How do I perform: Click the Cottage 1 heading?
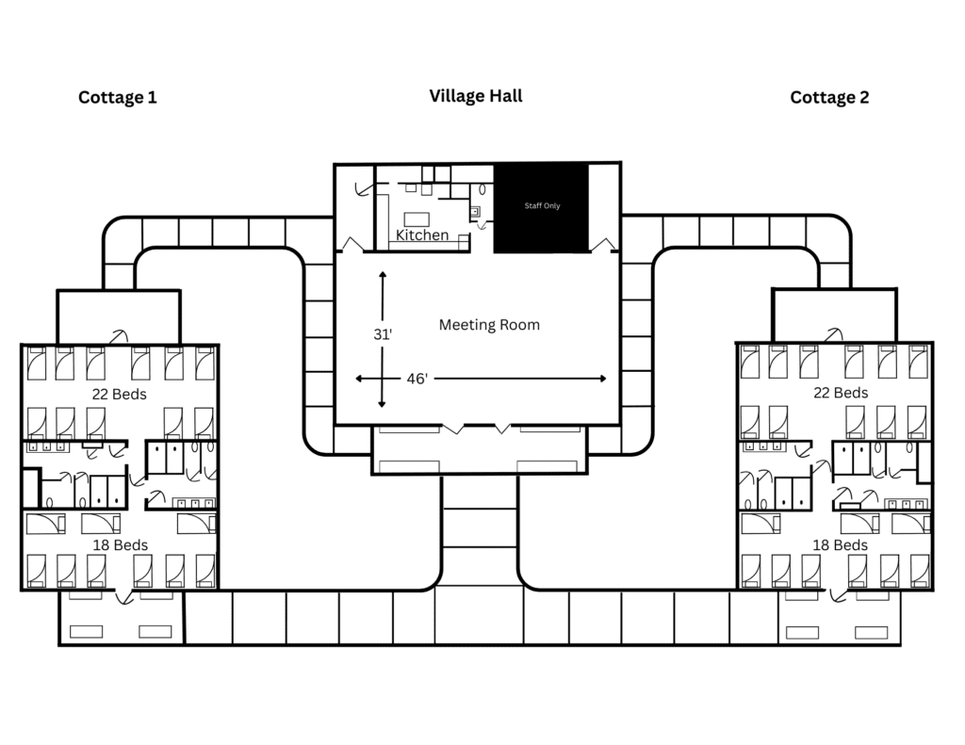click(118, 97)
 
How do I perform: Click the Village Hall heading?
click(476, 96)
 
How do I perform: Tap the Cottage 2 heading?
click(829, 97)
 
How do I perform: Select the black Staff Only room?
click(542, 208)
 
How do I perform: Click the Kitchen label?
click(422, 235)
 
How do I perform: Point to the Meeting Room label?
click(489, 325)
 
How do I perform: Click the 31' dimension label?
click(383, 334)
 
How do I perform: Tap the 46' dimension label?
click(417, 379)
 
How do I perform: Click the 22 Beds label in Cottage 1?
click(120, 395)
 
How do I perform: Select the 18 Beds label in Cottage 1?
click(121, 545)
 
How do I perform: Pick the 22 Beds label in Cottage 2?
click(841, 393)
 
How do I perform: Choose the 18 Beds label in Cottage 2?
click(840, 545)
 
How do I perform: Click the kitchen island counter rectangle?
click(417, 219)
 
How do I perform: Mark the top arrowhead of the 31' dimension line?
click(383, 275)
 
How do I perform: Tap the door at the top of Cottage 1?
click(119, 336)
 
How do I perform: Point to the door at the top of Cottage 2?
click(834, 334)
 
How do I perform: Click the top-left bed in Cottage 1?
click(37, 363)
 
